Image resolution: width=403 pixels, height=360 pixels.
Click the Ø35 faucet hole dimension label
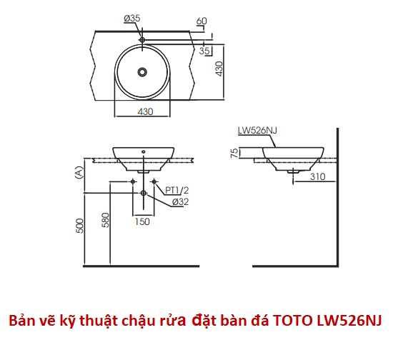[132, 19]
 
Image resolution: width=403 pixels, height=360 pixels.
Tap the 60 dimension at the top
[201, 21]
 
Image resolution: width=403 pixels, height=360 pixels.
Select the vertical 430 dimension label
[219, 69]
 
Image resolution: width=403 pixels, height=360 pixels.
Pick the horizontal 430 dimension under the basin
[145, 111]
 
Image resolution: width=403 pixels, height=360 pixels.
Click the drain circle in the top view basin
[142, 72]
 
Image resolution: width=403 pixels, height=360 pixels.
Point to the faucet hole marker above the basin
[142, 40]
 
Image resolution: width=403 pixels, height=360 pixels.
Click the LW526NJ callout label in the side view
[257, 130]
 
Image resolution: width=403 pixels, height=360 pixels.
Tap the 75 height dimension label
[234, 153]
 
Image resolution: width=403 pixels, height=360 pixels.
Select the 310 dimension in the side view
[318, 176]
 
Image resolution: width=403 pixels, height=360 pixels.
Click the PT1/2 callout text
[176, 190]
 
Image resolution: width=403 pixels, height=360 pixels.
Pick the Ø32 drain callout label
[181, 201]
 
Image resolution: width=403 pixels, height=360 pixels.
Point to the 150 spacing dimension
[142, 221]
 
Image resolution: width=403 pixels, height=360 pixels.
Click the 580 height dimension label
[105, 220]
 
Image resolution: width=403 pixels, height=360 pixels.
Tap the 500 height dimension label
[80, 226]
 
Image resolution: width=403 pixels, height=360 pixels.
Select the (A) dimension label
[79, 172]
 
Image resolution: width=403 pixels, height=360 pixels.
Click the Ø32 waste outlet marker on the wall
[144, 193]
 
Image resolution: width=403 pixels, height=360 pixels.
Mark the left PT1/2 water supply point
[133, 181]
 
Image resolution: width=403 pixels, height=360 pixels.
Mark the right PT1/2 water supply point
[154, 181]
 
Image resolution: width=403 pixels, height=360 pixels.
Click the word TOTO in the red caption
[293, 321]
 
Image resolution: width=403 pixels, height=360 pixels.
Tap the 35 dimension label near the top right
[204, 51]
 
